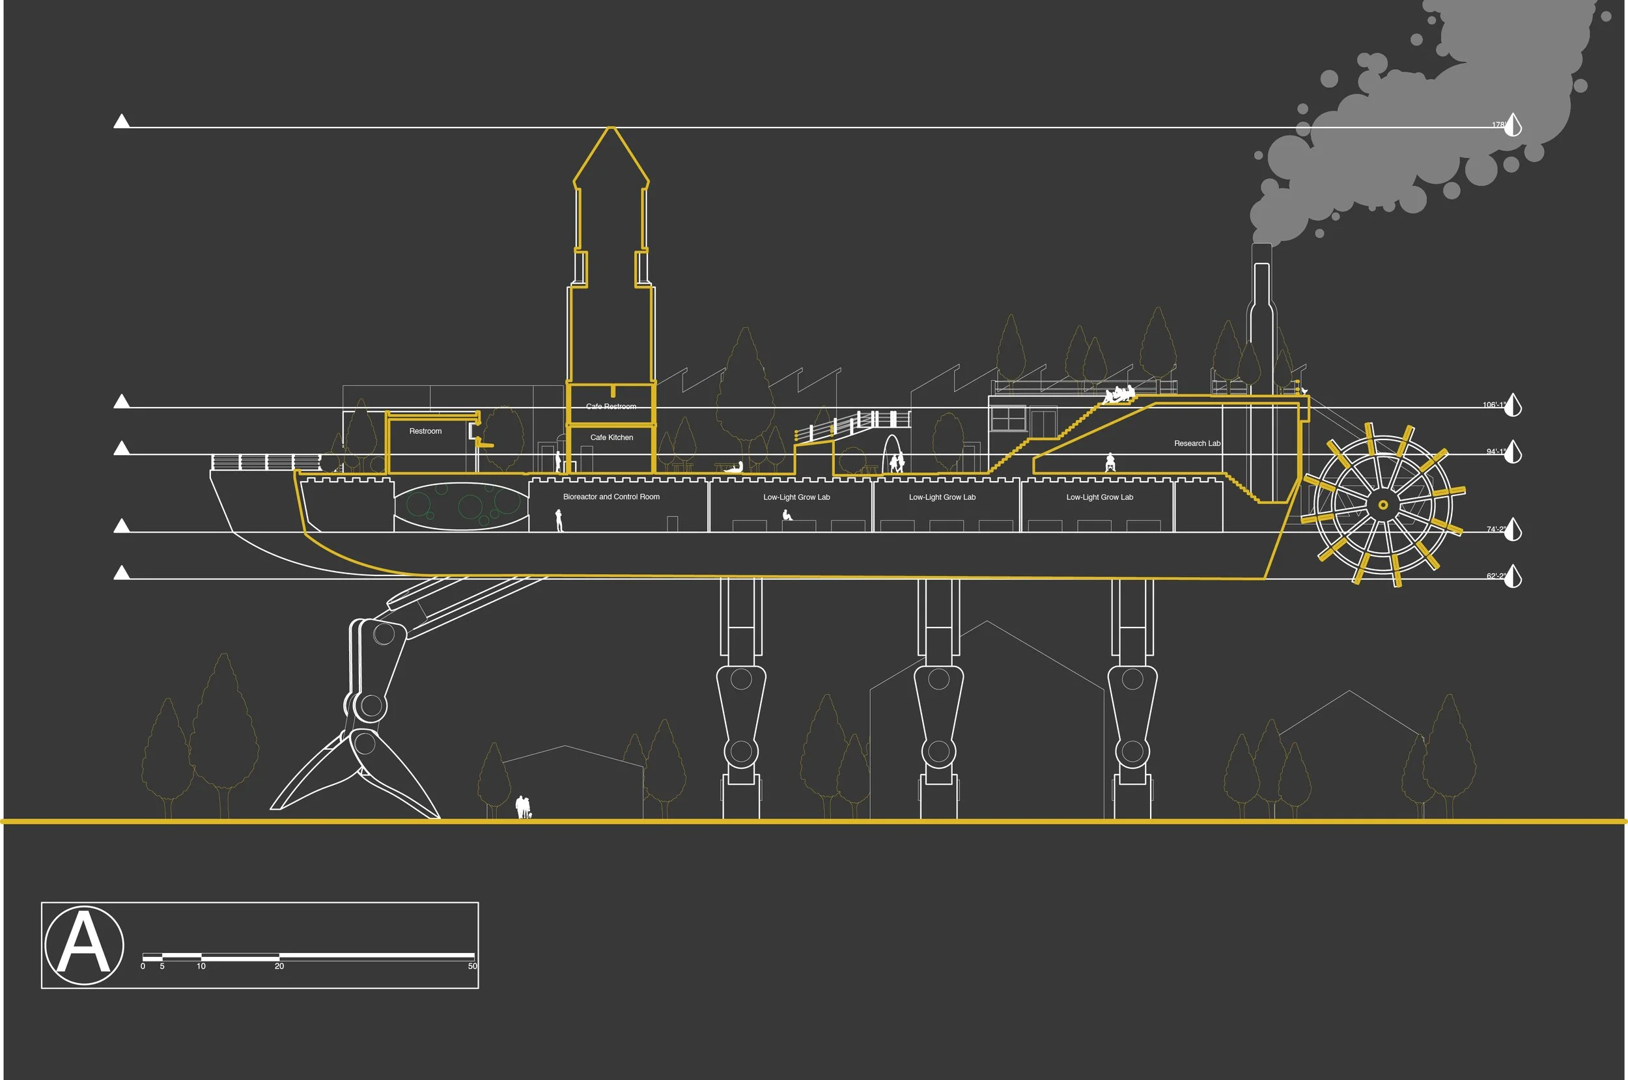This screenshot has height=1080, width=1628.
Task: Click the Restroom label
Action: click(x=425, y=431)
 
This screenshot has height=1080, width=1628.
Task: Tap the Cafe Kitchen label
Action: click(x=611, y=437)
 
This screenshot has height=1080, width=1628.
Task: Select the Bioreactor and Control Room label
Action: click(x=611, y=497)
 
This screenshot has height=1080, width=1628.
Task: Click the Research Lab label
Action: click(x=1197, y=443)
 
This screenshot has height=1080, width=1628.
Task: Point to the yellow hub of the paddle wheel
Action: click(x=1382, y=505)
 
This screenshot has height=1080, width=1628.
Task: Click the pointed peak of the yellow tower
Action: click(x=610, y=128)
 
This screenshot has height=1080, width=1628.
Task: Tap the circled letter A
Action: click(x=84, y=945)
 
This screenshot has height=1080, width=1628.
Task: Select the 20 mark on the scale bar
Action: click(x=279, y=966)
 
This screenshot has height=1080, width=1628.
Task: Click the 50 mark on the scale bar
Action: click(x=473, y=966)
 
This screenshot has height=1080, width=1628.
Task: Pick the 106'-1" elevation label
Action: click(x=1494, y=405)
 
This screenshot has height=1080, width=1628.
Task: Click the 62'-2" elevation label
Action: click(x=1496, y=576)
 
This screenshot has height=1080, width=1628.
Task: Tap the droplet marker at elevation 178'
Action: click(x=1512, y=125)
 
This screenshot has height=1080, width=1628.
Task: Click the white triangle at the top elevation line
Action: click(x=121, y=122)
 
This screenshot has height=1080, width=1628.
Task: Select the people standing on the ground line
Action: click(x=524, y=807)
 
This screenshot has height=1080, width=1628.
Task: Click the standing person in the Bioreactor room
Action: click(x=559, y=520)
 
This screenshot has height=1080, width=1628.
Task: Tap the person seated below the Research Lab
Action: click(x=1109, y=462)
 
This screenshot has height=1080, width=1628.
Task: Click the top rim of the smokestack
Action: click(x=1261, y=245)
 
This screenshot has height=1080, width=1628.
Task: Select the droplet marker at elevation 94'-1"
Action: click(x=1512, y=452)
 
